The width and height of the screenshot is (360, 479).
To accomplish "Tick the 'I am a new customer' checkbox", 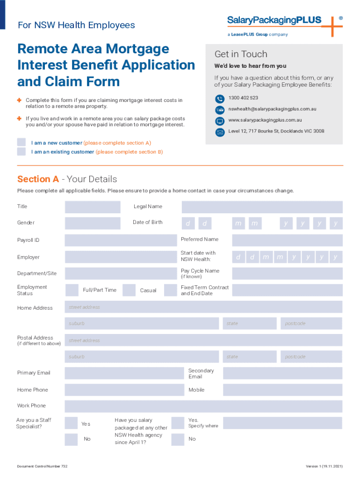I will click(22, 142).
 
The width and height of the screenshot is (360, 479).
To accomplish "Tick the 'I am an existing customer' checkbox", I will click(22, 152).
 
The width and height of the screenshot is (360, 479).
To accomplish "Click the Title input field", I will click(92, 207).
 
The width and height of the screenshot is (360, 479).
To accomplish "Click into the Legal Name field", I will click(262, 207).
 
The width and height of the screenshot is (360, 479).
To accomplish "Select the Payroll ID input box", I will click(119, 240).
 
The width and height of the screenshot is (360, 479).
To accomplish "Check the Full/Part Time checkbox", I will click(72, 290).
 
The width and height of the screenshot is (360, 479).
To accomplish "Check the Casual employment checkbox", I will click(129, 290).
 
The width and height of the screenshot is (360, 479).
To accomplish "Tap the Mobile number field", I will click(282, 390).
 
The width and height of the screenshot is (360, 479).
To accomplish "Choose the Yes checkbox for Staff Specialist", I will click(71, 423).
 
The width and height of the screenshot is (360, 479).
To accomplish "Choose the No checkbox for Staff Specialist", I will click(71, 439).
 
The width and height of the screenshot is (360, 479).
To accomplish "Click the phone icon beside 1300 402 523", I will click(220, 99).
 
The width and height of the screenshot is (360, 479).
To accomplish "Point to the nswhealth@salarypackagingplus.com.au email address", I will click(272, 109).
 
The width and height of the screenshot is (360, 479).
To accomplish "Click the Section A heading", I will click(67, 179).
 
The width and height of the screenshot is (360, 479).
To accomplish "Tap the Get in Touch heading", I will click(241, 54).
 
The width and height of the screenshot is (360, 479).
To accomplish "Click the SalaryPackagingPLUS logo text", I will click(274, 20).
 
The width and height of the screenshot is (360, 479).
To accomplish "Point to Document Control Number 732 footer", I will click(43, 466).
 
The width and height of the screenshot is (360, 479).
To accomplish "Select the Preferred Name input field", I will click(287, 240).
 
